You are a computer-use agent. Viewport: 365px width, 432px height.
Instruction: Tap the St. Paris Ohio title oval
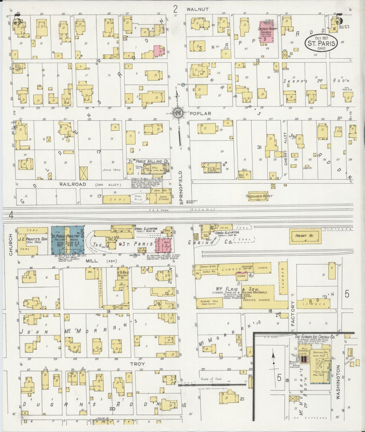321,43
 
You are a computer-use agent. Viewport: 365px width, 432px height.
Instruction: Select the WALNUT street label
198,9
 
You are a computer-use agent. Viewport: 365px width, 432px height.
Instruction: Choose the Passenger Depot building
259,196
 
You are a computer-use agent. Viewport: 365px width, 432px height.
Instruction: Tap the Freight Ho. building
305,236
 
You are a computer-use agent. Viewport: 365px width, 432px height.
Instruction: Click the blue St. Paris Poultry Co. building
68,240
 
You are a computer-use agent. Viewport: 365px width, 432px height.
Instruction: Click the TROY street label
137,364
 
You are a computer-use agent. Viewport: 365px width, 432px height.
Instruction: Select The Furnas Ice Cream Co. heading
314,337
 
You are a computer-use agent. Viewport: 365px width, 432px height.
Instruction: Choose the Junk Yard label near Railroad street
112,170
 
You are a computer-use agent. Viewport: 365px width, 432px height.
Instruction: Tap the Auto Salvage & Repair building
214,168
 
